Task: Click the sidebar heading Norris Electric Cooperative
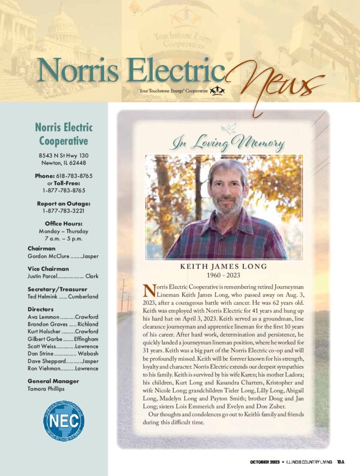63,134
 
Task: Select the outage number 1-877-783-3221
63,211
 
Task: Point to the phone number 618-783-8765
73,176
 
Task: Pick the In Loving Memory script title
227,143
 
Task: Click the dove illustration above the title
229,128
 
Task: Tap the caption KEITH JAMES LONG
224,266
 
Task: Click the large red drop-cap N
148,291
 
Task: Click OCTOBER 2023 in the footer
265,462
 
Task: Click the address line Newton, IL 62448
63,163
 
